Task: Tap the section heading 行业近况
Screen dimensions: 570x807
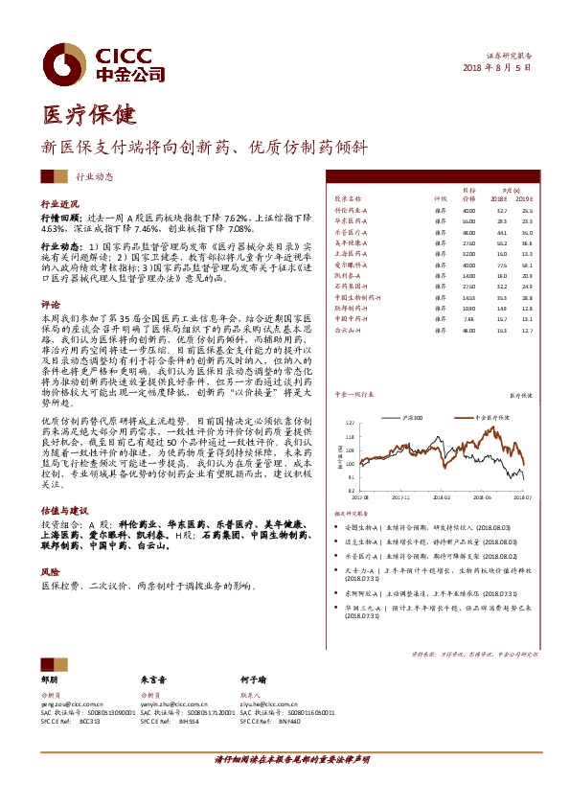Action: click(57, 204)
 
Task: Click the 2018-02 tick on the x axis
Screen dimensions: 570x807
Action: click(441, 497)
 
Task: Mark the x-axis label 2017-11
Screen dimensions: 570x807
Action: click(399, 497)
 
